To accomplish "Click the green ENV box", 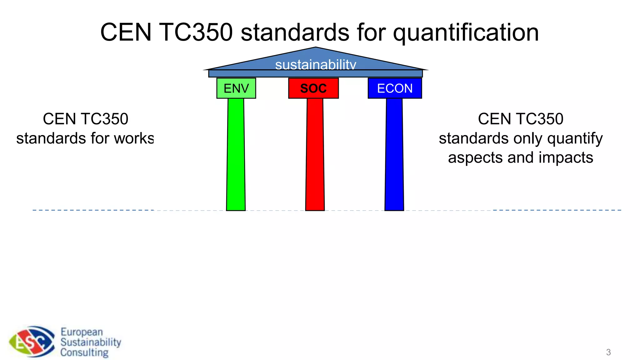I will (x=236, y=88).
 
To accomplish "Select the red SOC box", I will (x=313, y=88).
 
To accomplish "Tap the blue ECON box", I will (x=395, y=88).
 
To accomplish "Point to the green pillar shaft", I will (x=236, y=155).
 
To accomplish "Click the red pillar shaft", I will (x=315, y=155).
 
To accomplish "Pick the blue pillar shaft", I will (x=394, y=155).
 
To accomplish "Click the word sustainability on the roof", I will (x=316, y=65).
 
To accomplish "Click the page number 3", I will (x=608, y=352).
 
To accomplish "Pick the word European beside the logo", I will (x=82, y=332).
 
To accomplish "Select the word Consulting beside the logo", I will (x=84, y=352).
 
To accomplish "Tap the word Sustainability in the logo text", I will (x=91, y=342).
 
